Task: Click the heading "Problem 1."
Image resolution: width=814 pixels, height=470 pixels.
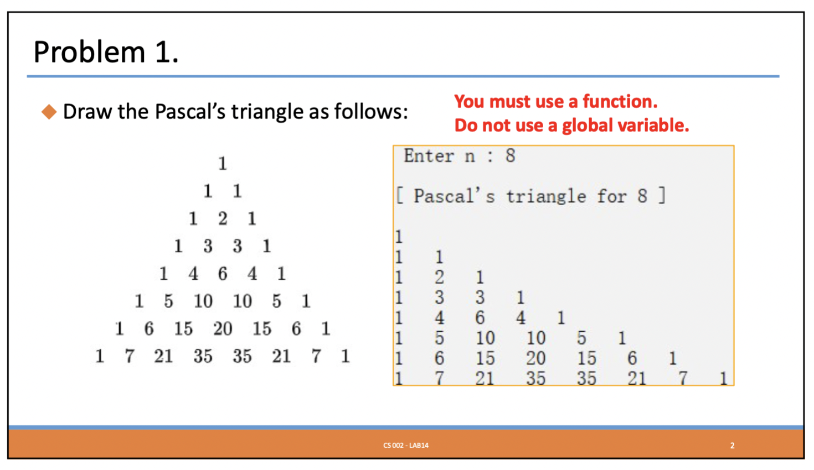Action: tap(106, 51)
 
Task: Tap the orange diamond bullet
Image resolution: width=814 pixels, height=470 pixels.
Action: tap(49, 112)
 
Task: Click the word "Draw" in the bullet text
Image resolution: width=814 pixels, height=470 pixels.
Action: tap(87, 111)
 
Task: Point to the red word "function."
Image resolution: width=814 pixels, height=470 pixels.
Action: tap(620, 101)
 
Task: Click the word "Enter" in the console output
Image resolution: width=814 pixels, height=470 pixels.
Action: tap(429, 156)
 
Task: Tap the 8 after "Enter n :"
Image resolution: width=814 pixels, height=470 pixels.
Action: tap(510, 156)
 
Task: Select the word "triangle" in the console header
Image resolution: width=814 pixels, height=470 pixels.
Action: tap(546, 196)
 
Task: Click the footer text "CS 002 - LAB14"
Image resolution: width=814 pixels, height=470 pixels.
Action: tap(406, 445)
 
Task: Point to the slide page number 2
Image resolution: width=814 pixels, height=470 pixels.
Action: tap(732, 445)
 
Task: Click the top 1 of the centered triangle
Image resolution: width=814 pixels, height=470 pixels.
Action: tap(223, 163)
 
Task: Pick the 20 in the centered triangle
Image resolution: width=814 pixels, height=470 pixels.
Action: tap(223, 329)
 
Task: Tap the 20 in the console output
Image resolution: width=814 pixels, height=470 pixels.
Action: tap(535, 358)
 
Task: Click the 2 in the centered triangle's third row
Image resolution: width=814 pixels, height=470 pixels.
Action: tap(223, 218)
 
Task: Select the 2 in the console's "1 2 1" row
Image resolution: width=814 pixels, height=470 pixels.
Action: tap(439, 277)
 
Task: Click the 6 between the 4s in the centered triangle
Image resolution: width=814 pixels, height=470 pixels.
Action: tap(223, 274)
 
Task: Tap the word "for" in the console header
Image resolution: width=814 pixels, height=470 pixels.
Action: tap(612, 196)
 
